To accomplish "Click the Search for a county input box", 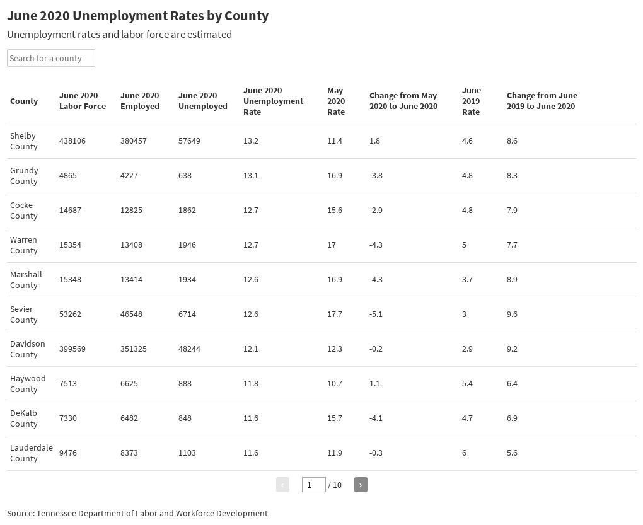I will click(x=50, y=58).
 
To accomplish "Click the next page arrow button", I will click(x=361, y=485).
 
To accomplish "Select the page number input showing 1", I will click(x=313, y=485).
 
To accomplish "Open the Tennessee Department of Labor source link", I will click(x=152, y=513).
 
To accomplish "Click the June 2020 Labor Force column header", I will click(x=82, y=101).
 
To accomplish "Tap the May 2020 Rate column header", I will click(x=336, y=101).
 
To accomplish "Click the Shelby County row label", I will click(x=24, y=141).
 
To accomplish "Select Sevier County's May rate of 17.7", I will click(x=334, y=314).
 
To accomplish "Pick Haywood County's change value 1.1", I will click(x=376, y=383).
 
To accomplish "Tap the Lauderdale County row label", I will click(x=31, y=453).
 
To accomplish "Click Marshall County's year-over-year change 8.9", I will click(x=512, y=279).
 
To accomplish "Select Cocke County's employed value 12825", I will click(x=133, y=210).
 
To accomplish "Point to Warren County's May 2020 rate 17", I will click(x=332, y=245).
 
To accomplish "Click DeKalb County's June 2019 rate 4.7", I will click(x=467, y=418).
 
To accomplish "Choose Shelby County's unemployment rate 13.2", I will click(x=251, y=141).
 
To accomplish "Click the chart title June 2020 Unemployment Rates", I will click(x=137, y=16).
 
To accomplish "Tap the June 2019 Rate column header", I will click(x=471, y=101).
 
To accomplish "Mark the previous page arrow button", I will click(x=282, y=485).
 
